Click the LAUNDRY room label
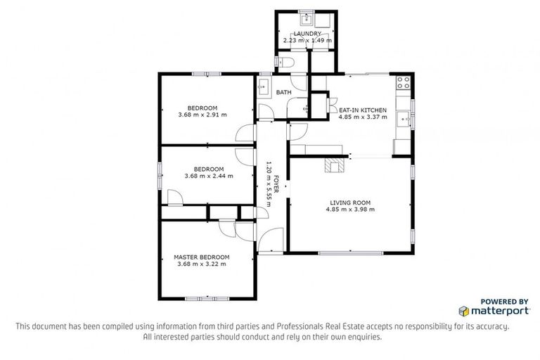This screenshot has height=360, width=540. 307,33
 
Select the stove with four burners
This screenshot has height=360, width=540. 403,83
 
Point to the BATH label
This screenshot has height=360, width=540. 283,93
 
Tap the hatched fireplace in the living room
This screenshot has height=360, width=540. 335,165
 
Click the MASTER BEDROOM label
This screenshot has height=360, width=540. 201,257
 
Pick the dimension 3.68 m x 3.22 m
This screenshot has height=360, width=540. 201,264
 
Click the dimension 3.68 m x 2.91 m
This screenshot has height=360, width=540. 202,114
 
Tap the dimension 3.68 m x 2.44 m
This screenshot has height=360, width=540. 208,176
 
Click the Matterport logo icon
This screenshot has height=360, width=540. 464,310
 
